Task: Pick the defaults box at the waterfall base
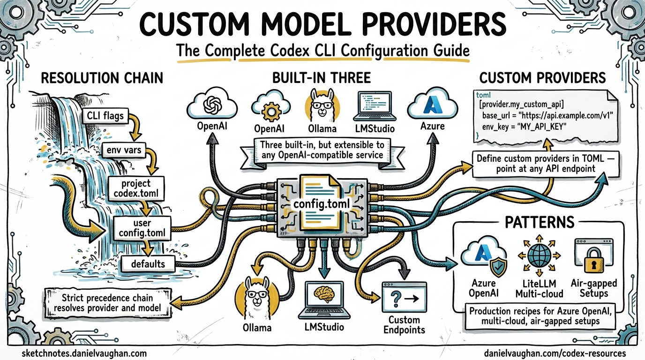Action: pyautogui.click(x=148, y=263)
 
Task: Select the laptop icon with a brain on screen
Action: pyautogui.click(x=322, y=298)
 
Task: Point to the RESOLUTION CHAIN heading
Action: pyautogui.click(x=102, y=78)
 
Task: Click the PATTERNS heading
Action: pyautogui.click(x=539, y=222)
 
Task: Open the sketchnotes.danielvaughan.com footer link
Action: pyautogui.click(x=84, y=353)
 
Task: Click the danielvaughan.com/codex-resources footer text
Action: pyautogui.click(x=554, y=353)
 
